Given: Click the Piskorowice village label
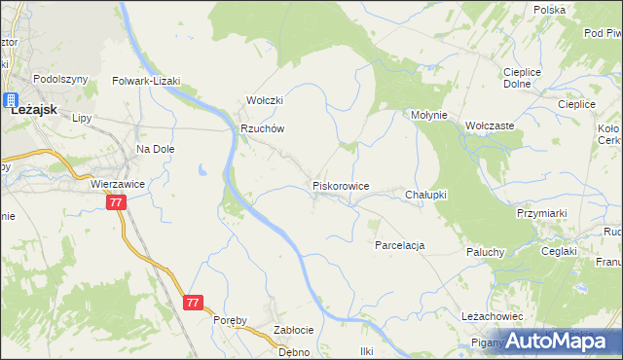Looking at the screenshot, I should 340,185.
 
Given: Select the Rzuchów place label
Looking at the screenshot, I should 262,128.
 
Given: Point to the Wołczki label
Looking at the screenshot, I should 264,100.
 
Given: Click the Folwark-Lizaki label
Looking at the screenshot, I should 147,82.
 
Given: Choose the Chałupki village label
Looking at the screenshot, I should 425,195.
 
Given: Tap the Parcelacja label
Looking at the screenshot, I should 400,245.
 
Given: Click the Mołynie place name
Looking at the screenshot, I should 428,115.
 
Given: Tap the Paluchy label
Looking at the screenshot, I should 484,252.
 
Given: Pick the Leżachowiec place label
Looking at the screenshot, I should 493,317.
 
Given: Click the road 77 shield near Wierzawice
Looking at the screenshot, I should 117,202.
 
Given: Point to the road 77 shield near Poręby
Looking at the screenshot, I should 193,304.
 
